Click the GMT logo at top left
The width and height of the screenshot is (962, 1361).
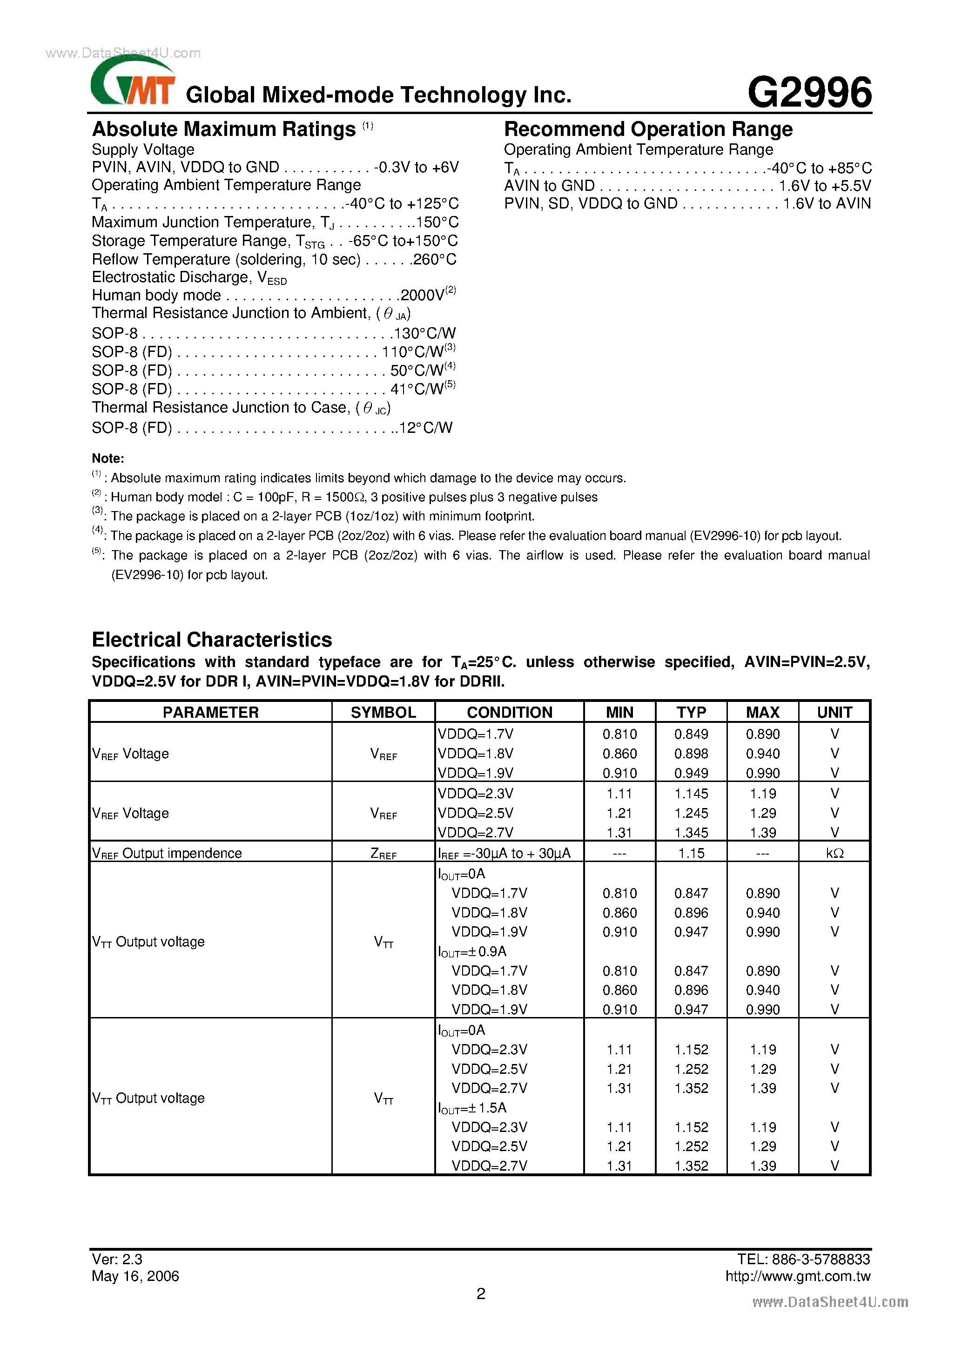[133, 83]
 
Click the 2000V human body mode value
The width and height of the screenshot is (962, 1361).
[422, 295]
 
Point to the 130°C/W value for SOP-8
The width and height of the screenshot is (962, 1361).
[424, 333]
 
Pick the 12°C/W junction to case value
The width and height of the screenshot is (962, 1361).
[425, 427]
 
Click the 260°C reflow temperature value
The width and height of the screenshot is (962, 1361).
[435, 260]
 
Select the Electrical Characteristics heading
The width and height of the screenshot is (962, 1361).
[212, 640]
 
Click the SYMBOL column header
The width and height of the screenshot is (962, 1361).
[383, 712]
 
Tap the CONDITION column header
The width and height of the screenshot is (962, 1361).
[509, 712]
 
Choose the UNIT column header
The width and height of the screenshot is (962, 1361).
[834, 712]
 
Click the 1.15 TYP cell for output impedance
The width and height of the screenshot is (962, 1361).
[691, 853]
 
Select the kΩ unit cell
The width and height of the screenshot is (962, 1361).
[834, 853]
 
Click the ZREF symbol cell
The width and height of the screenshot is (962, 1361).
[383, 854]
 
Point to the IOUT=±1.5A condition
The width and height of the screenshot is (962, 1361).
[472, 1108]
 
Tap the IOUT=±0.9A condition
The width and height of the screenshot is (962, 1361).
[472, 951]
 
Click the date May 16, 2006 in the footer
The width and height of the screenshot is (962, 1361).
[135, 1276]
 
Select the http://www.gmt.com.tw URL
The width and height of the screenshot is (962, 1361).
[797, 1276]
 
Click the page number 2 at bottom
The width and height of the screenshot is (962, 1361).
[481, 1294]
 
